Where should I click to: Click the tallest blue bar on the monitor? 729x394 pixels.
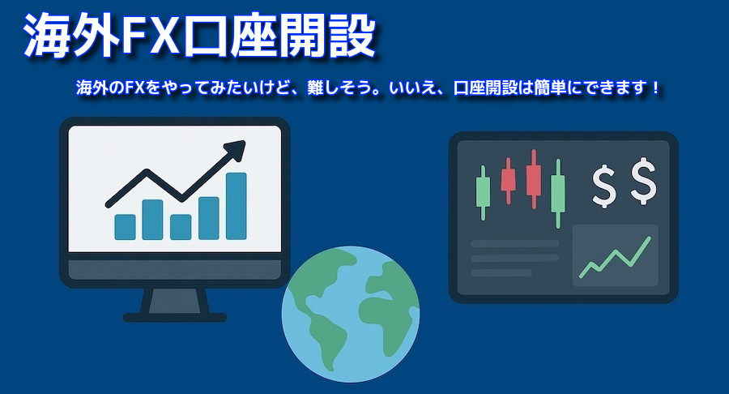tap(237, 206)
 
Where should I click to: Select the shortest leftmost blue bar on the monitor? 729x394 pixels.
tap(125, 227)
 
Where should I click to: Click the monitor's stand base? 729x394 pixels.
tap(175, 318)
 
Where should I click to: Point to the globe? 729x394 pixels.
tap(351, 314)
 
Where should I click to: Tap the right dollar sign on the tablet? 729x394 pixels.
tap(644, 182)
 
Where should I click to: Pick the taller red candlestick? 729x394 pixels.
tap(533, 179)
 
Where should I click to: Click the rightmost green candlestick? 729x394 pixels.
tap(558, 194)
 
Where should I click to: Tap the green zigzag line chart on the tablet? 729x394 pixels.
tap(615, 257)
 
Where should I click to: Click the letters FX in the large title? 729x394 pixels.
tap(150, 36)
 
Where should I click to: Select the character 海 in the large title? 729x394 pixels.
tap(46, 36)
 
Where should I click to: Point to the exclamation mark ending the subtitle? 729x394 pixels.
tap(655, 87)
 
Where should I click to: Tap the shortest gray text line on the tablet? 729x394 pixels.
tap(501, 273)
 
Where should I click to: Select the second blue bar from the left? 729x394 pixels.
tap(152, 220)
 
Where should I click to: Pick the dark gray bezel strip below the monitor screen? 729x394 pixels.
tap(175, 270)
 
